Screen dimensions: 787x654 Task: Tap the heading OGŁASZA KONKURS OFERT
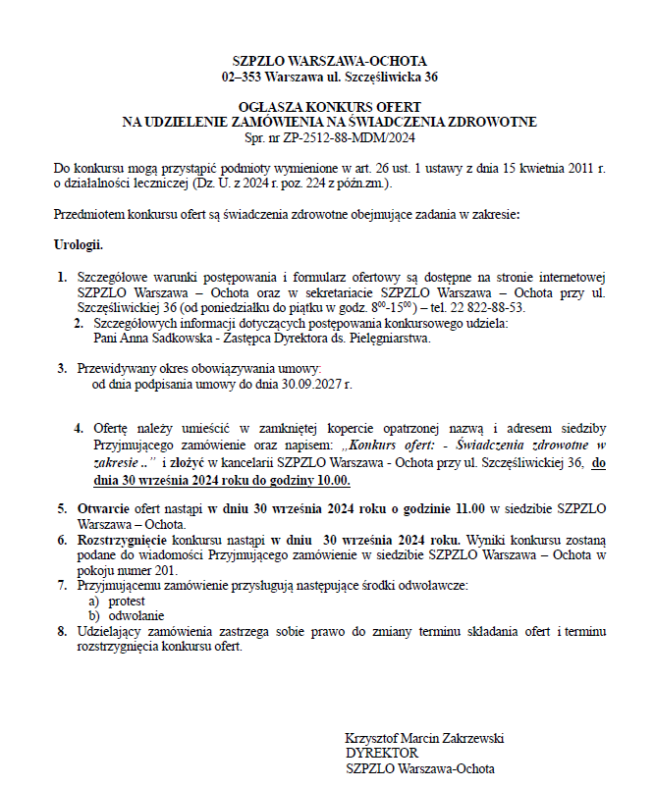point(329,106)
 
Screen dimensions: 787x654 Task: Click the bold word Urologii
point(79,243)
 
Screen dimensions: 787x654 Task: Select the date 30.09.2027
point(309,384)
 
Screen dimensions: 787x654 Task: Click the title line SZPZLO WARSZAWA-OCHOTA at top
point(329,61)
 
